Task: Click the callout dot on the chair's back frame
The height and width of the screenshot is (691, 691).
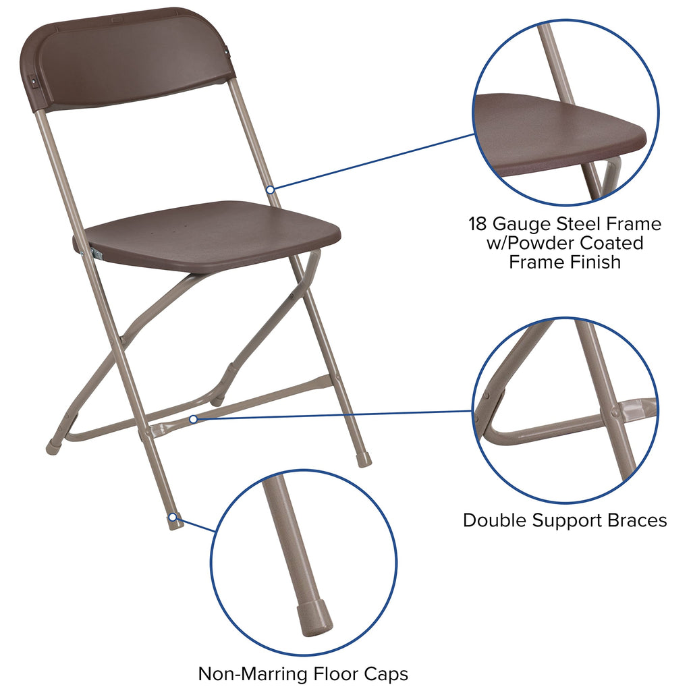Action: (270, 190)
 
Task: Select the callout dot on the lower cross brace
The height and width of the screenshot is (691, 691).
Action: (193, 419)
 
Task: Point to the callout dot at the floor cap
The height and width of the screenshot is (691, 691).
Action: (173, 518)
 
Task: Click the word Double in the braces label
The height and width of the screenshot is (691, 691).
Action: (495, 520)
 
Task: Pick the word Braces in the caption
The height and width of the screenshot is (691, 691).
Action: (636, 520)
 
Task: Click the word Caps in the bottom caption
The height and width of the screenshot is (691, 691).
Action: (387, 673)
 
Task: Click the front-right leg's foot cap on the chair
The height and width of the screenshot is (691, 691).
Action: (364, 460)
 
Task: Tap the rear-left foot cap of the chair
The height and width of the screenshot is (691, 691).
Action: (53, 446)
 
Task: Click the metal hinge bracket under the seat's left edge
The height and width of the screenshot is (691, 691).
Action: (95, 252)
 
